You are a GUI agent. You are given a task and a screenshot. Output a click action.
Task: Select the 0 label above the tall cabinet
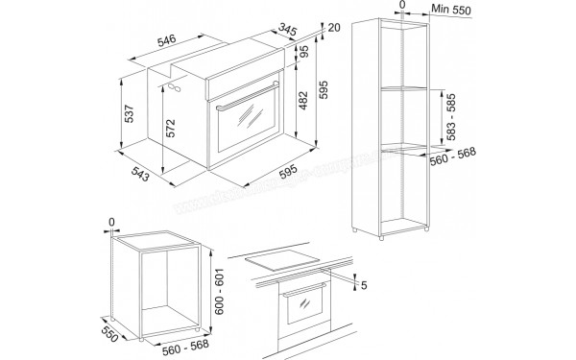point(403,6)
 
